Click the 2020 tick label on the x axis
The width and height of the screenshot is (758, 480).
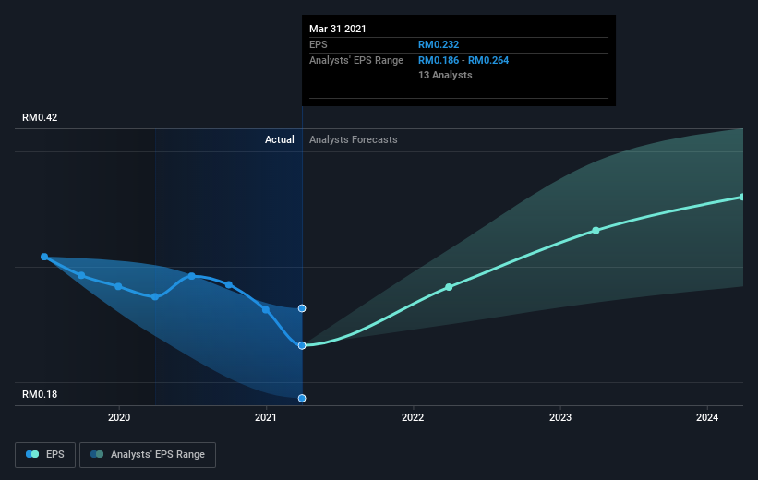pos(119,417)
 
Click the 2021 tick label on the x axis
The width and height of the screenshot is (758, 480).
pos(266,417)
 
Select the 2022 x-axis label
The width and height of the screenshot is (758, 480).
pos(413,417)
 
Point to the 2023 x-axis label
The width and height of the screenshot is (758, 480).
pos(560,417)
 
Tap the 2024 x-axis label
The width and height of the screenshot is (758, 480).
pos(707,417)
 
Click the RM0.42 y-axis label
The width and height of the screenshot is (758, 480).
pos(40,117)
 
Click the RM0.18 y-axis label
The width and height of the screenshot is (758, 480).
pos(40,394)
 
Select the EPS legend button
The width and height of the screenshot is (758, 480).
pos(45,455)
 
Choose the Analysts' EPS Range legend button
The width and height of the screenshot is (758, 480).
pos(148,455)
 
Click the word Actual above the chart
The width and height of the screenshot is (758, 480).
pos(280,139)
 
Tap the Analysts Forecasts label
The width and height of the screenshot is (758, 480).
pos(354,139)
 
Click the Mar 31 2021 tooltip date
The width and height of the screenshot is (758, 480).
pos(338,29)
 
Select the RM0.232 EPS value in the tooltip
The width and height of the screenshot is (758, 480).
pos(439,44)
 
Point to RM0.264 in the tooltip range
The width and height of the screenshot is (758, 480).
pos(488,60)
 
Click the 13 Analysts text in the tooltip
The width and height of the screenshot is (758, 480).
pos(445,75)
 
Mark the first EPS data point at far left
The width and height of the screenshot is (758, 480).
pos(44,257)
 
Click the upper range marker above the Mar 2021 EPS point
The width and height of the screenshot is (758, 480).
pos(302,308)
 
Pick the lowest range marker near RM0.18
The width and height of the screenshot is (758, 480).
pos(302,399)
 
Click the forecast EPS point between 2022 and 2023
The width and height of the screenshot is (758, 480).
pos(449,287)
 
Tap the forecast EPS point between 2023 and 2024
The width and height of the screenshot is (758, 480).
pos(596,231)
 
